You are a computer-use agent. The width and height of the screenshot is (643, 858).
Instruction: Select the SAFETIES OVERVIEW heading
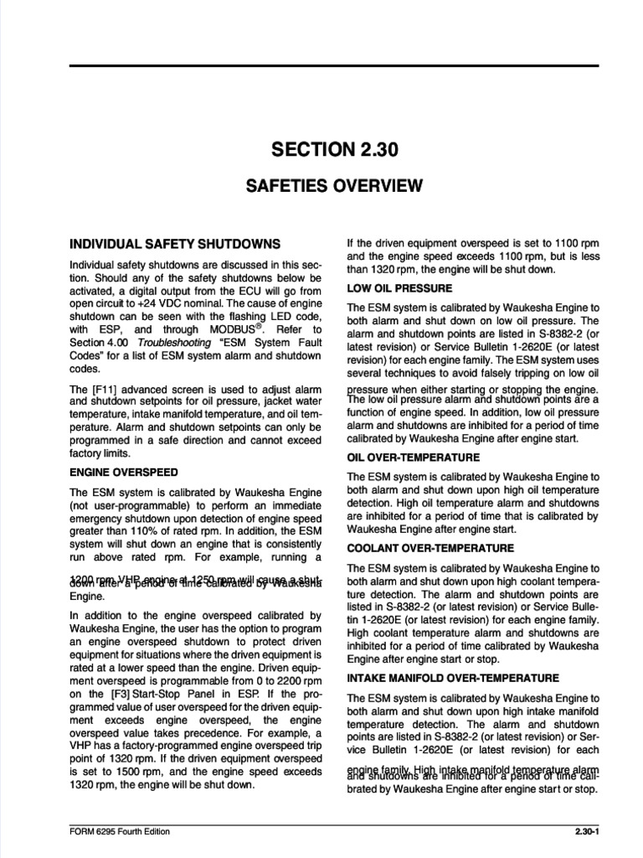[333, 186]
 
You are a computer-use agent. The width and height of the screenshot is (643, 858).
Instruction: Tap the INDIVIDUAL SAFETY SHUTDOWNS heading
[174, 244]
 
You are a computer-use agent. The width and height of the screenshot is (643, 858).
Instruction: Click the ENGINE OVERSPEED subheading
[123, 473]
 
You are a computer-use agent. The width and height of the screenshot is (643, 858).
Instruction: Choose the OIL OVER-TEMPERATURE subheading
[413, 457]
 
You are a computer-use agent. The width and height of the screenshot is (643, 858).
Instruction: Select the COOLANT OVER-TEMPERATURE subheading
[430, 548]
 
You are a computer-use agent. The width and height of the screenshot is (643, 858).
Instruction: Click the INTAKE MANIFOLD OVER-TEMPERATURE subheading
[452, 677]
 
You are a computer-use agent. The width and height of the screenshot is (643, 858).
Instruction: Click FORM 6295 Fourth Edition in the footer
[120, 832]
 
